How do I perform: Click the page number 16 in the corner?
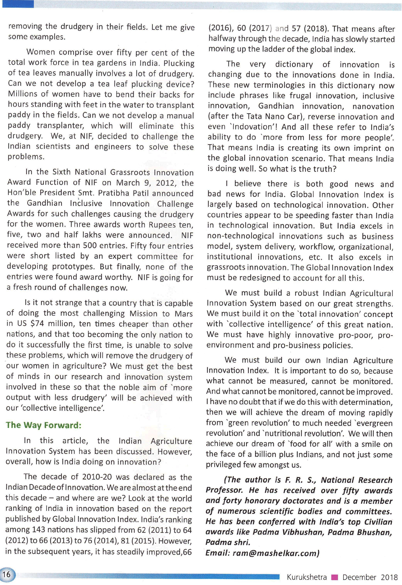click(x=7, y=573)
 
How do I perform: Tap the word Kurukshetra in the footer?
click(x=306, y=577)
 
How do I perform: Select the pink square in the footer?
click(x=334, y=577)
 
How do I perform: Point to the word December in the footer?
click(x=359, y=577)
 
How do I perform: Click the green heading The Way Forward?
click(x=43, y=425)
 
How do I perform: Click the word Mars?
click(x=183, y=314)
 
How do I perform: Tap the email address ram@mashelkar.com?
click(x=275, y=553)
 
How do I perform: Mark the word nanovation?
click(x=373, y=106)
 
